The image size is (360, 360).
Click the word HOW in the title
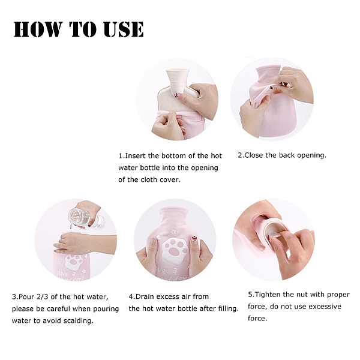click(x=37, y=29)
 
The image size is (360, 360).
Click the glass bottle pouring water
click(x=86, y=218)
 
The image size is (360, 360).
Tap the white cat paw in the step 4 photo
click(x=173, y=250)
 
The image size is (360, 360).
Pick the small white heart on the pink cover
click(x=158, y=238)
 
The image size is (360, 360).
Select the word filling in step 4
click(x=226, y=309)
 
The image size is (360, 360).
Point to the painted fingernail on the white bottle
click(x=176, y=95)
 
